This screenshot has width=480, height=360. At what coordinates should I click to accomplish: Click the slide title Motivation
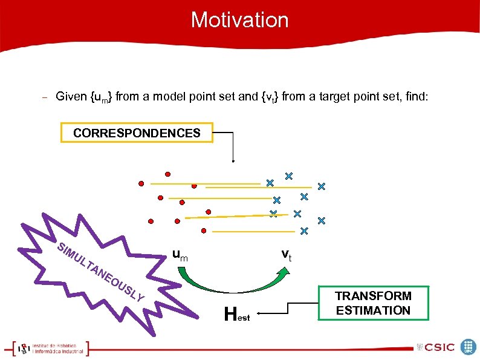[x=239, y=20]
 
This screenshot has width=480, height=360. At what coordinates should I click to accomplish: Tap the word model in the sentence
[x=170, y=96]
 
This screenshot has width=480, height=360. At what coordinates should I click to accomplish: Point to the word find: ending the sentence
[x=414, y=96]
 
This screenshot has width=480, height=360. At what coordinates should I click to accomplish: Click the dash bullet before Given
[x=44, y=97]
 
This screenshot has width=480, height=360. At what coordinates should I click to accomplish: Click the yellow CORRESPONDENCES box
[x=137, y=133]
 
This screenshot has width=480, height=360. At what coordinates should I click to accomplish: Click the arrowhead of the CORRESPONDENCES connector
[x=233, y=160]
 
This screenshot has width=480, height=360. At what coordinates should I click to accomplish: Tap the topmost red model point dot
[x=168, y=174]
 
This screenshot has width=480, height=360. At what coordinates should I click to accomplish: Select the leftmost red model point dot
[x=141, y=182]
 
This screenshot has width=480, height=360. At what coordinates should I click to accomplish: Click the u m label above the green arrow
[x=180, y=256]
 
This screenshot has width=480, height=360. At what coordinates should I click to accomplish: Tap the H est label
[x=236, y=314]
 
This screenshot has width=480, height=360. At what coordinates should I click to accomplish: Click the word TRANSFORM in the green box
[x=373, y=296]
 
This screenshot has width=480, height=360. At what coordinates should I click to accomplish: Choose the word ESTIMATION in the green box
[x=373, y=310]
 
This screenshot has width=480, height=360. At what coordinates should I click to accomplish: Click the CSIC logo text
[x=439, y=347]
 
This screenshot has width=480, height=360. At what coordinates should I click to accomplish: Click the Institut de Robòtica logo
[x=51, y=347]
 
